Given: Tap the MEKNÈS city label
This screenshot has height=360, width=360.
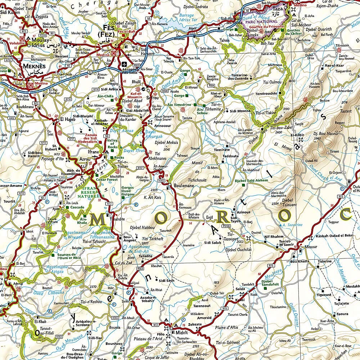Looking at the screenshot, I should [34, 67].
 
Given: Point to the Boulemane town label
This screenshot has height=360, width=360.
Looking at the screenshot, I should [184, 185].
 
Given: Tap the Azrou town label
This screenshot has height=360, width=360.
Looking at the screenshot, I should [85, 158].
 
